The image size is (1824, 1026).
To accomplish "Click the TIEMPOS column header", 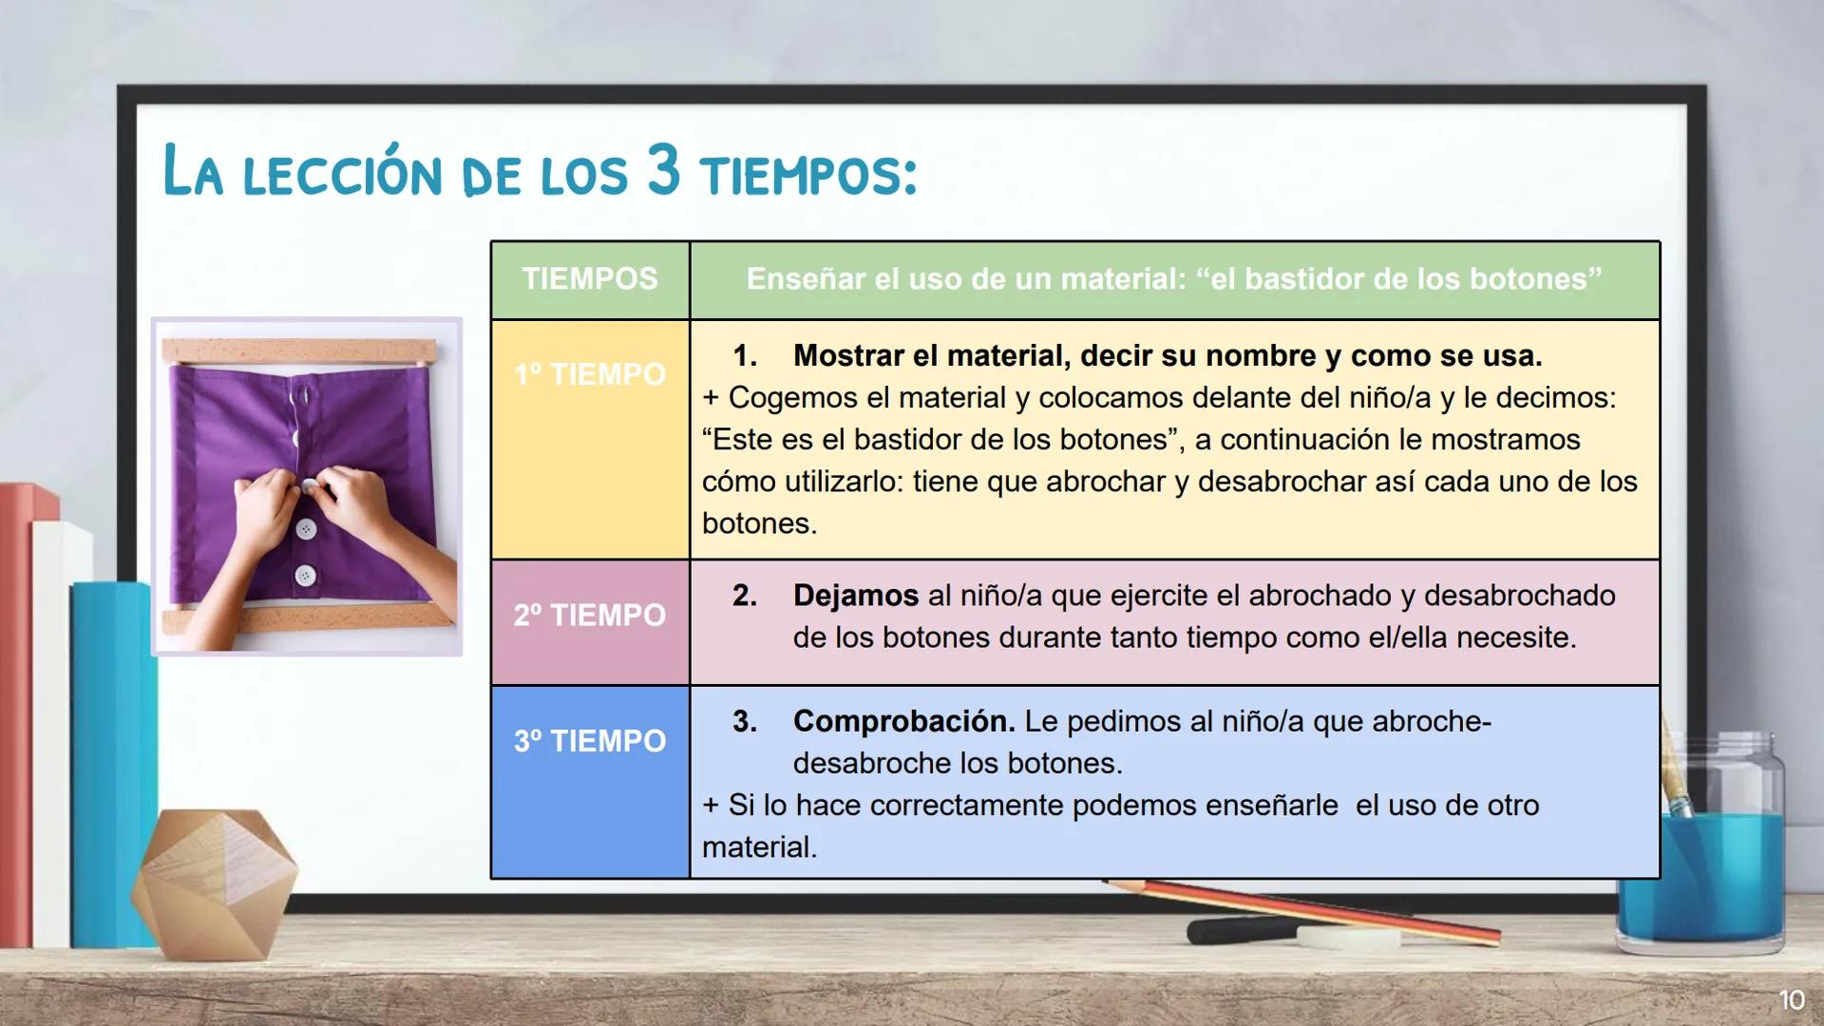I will [589, 279].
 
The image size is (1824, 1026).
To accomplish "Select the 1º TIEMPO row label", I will [589, 374].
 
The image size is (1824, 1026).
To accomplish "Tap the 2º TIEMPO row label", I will [589, 616].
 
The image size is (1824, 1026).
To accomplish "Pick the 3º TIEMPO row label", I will [589, 741].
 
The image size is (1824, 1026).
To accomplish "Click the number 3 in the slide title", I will [664, 171].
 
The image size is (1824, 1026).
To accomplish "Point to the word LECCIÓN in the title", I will [342, 175].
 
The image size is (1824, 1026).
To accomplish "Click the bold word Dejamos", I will [855, 596].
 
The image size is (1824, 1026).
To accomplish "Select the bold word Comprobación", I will [903, 721].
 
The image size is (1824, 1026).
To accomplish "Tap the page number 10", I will [1791, 1000].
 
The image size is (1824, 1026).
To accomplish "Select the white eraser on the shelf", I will [1349, 939].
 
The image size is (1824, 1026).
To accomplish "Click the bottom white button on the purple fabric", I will [305, 575].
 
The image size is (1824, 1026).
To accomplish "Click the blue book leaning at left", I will [112, 760].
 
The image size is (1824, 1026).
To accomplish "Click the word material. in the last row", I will [759, 846].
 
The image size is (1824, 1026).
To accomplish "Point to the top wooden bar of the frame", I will [300, 351].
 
